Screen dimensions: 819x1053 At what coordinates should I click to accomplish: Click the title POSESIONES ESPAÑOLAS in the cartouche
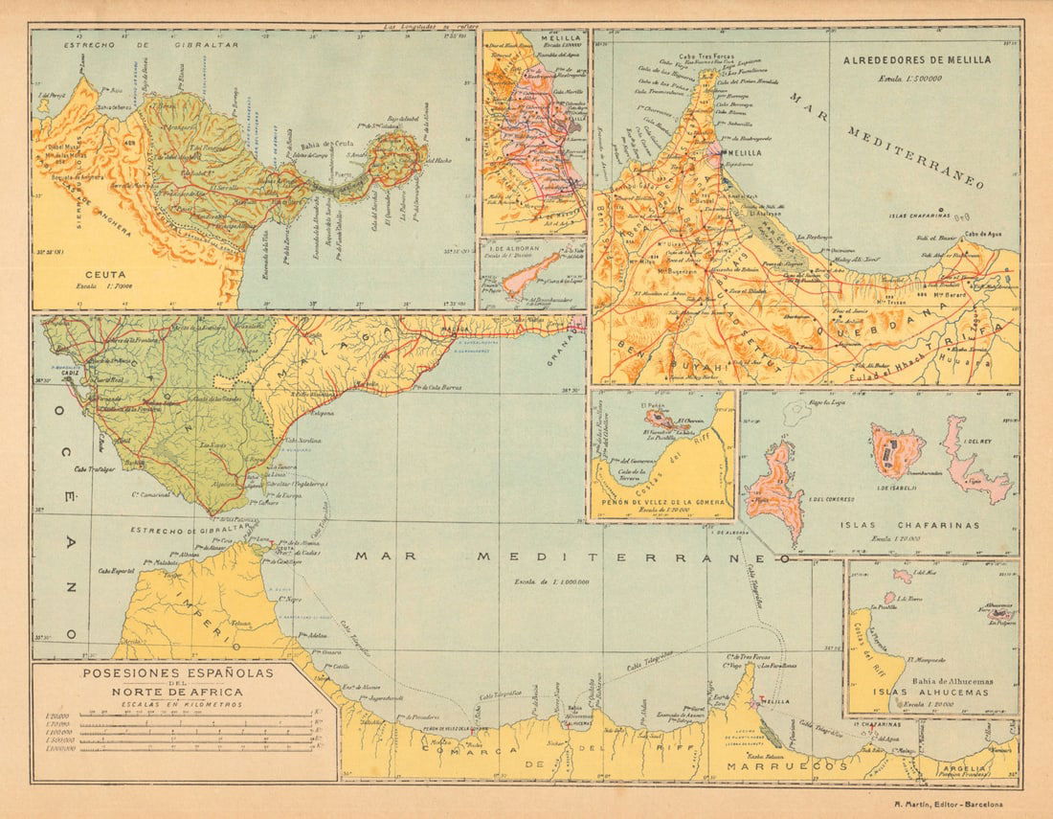point(177,673)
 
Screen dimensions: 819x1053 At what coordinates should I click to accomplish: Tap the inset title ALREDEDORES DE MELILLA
point(916,59)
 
